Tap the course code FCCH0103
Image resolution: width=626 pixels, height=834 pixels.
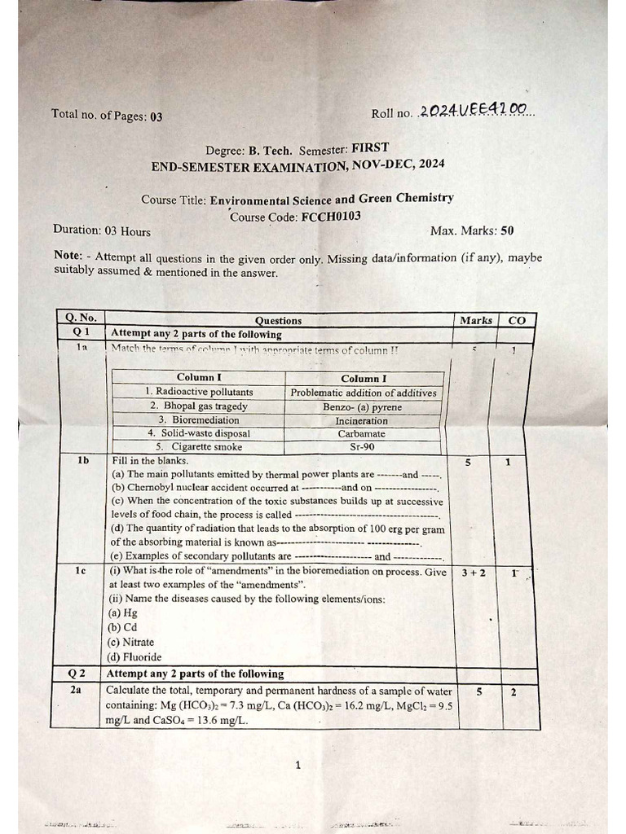click(331, 217)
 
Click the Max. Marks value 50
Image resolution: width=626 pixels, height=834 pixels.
click(507, 230)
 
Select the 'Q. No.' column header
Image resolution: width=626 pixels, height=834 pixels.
click(81, 319)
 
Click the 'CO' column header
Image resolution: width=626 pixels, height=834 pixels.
click(517, 320)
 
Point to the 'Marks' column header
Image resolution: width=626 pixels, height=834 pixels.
click(475, 320)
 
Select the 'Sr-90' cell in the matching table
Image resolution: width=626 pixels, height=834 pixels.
click(364, 447)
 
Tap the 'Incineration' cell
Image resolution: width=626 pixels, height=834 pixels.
click(364, 420)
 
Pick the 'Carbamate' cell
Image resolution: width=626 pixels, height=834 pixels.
click(364, 434)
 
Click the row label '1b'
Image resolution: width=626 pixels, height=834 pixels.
click(82, 461)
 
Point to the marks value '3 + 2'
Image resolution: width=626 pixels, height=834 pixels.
click(473, 573)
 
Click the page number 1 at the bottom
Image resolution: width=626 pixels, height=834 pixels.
click(298, 764)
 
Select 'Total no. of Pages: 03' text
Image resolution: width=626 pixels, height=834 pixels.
click(107, 116)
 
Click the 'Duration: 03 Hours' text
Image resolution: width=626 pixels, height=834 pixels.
click(102, 230)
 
